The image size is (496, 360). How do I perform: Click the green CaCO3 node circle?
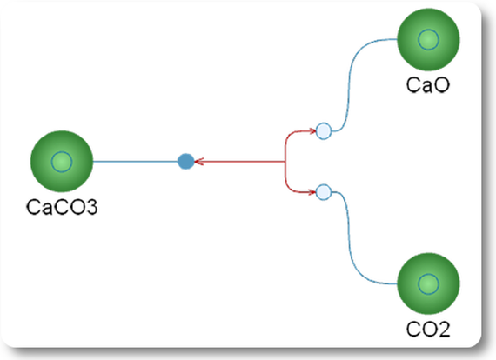[62, 162]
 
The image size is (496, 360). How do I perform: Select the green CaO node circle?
[428, 39]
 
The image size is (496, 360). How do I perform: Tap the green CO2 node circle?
[428, 283]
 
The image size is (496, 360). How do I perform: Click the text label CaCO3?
[62, 207]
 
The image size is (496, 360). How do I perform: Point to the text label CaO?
[427, 84]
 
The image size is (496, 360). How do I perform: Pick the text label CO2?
[428, 330]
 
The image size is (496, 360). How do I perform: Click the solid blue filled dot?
[186, 162]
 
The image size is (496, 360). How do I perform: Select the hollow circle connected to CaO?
[324, 130]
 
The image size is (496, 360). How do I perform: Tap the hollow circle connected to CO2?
[324, 192]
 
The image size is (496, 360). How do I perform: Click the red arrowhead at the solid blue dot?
[198, 162]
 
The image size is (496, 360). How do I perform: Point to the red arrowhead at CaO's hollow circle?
[312, 130]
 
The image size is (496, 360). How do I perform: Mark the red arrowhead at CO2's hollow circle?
[312, 192]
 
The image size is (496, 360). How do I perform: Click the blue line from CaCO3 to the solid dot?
[136, 162]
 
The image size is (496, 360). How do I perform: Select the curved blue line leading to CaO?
[349, 85]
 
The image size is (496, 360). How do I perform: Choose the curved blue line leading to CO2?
[349, 237]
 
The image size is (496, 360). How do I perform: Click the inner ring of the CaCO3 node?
[62, 151]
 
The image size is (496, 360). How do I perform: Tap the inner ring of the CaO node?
[428, 30]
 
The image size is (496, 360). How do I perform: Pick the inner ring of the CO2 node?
[428, 274]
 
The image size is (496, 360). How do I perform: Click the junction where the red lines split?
[285, 162]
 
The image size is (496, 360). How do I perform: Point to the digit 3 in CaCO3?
[91, 207]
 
